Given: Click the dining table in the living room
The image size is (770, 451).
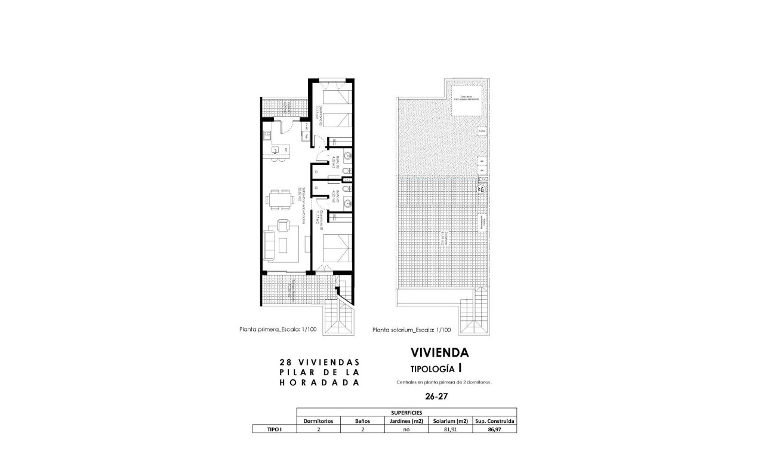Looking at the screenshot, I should click(x=278, y=199).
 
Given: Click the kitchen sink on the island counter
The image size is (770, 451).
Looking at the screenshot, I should click(x=276, y=150).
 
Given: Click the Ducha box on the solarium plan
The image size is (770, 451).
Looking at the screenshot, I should click(x=481, y=130).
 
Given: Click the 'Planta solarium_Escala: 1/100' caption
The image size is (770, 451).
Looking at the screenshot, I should click(x=411, y=329).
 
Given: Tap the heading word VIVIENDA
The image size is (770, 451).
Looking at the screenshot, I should click(x=440, y=353).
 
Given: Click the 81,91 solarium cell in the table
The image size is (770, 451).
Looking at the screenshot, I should click(x=449, y=429).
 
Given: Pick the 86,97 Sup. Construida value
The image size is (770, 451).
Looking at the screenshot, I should click(x=494, y=429).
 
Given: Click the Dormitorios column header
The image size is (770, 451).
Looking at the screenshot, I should click(x=319, y=421).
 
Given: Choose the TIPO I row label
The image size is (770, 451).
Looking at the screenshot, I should click(x=274, y=429).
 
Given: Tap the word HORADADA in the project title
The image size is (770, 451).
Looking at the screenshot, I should click(x=319, y=383).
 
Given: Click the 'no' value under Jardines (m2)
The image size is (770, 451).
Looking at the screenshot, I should click(x=406, y=429).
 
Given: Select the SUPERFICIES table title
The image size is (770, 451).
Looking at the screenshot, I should click(x=406, y=412).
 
